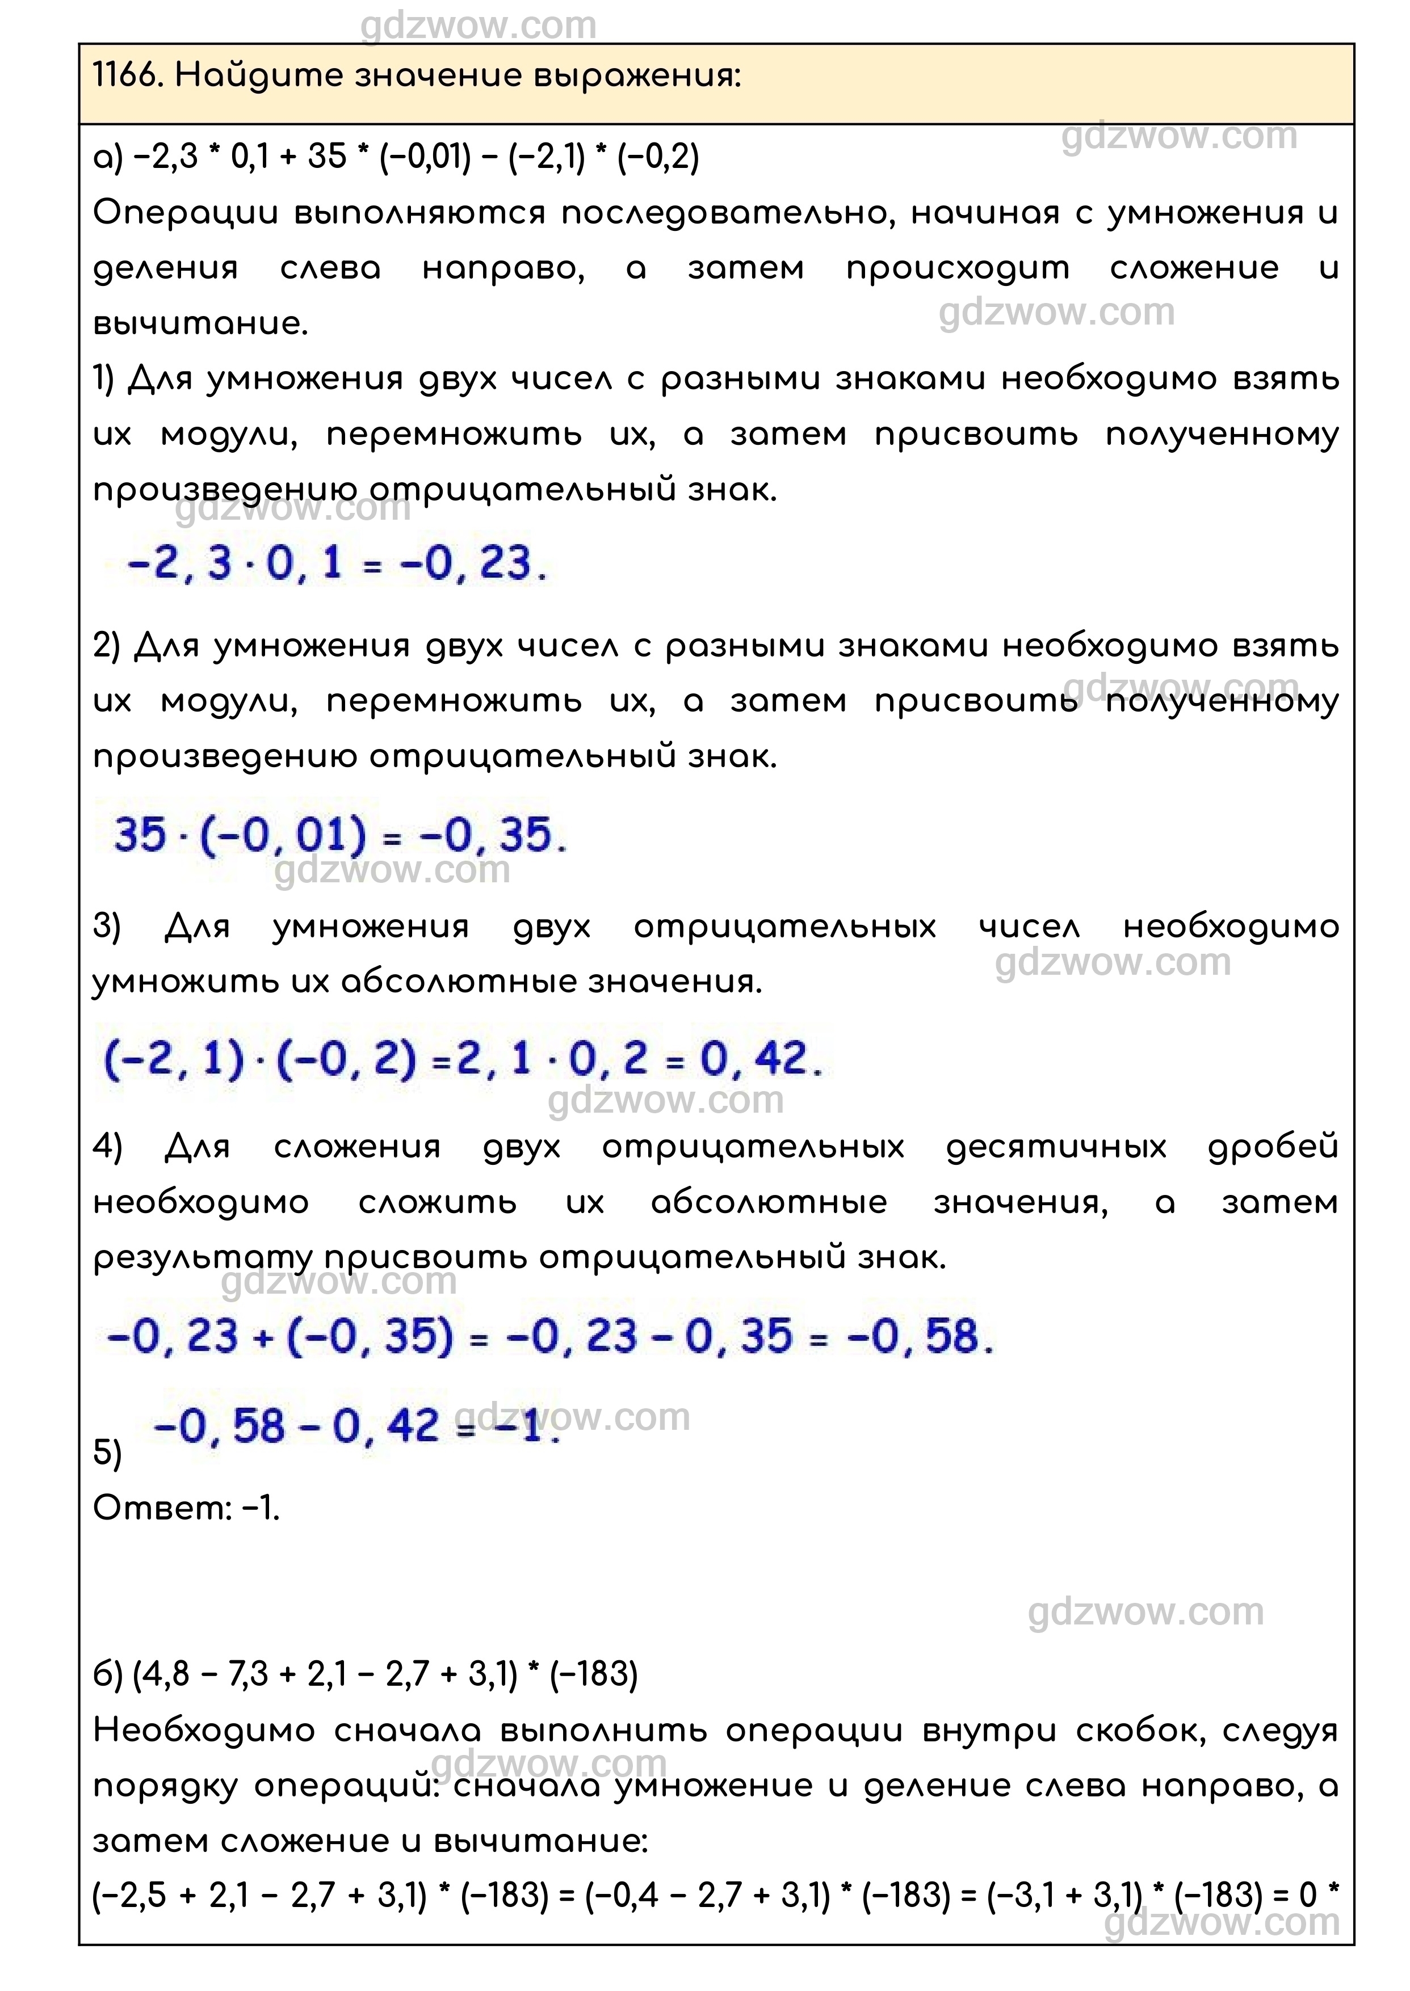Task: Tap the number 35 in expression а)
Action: [x=328, y=157]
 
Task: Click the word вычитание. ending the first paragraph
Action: [x=200, y=325]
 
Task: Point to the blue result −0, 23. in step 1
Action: [x=473, y=564]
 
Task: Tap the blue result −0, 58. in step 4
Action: [x=920, y=1337]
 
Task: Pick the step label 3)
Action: [x=108, y=927]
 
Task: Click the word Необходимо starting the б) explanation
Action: [x=204, y=1731]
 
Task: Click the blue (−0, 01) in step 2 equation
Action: [x=284, y=835]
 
